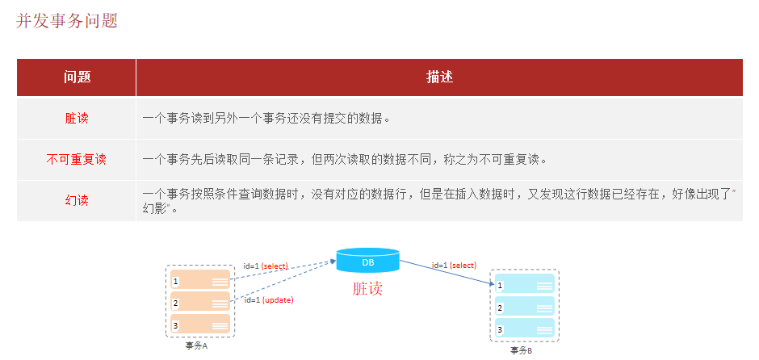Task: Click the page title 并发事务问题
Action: pyautogui.click(x=67, y=21)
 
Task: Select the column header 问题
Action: pyautogui.click(x=77, y=77)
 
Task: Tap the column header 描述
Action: pyautogui.click(x=439, y=77)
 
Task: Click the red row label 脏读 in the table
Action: pyautogui.click(x=77, y=119)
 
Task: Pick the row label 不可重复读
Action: pyautogui.click(x=77, y=160)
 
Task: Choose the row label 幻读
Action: pyautogui.click(x=77, y=200)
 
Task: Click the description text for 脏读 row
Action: pyautogui.click(x=266, y=119)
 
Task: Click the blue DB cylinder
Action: pyautogui.click(x=367, y=261)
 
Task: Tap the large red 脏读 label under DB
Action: pyautogui.click(x=367, y=289)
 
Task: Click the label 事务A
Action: pyautogui.click(x=196, y=345)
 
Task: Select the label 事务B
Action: pyautogui.click(x=521, y=350)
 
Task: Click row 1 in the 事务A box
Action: pyautogui.click(x=199, y=281)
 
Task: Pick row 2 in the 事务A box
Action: pyautogui.click(x=199, y=303)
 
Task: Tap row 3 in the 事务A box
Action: pyautogui.click(x=199, y=324)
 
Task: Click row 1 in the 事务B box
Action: pyautogui.click(x=525, y=286)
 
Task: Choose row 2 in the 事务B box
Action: pyautogui.click(x=525, y=308)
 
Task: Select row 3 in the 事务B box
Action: pyautogui.click(x=525, y=329)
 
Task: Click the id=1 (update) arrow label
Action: pyautogui.click(x=268, y=300)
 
